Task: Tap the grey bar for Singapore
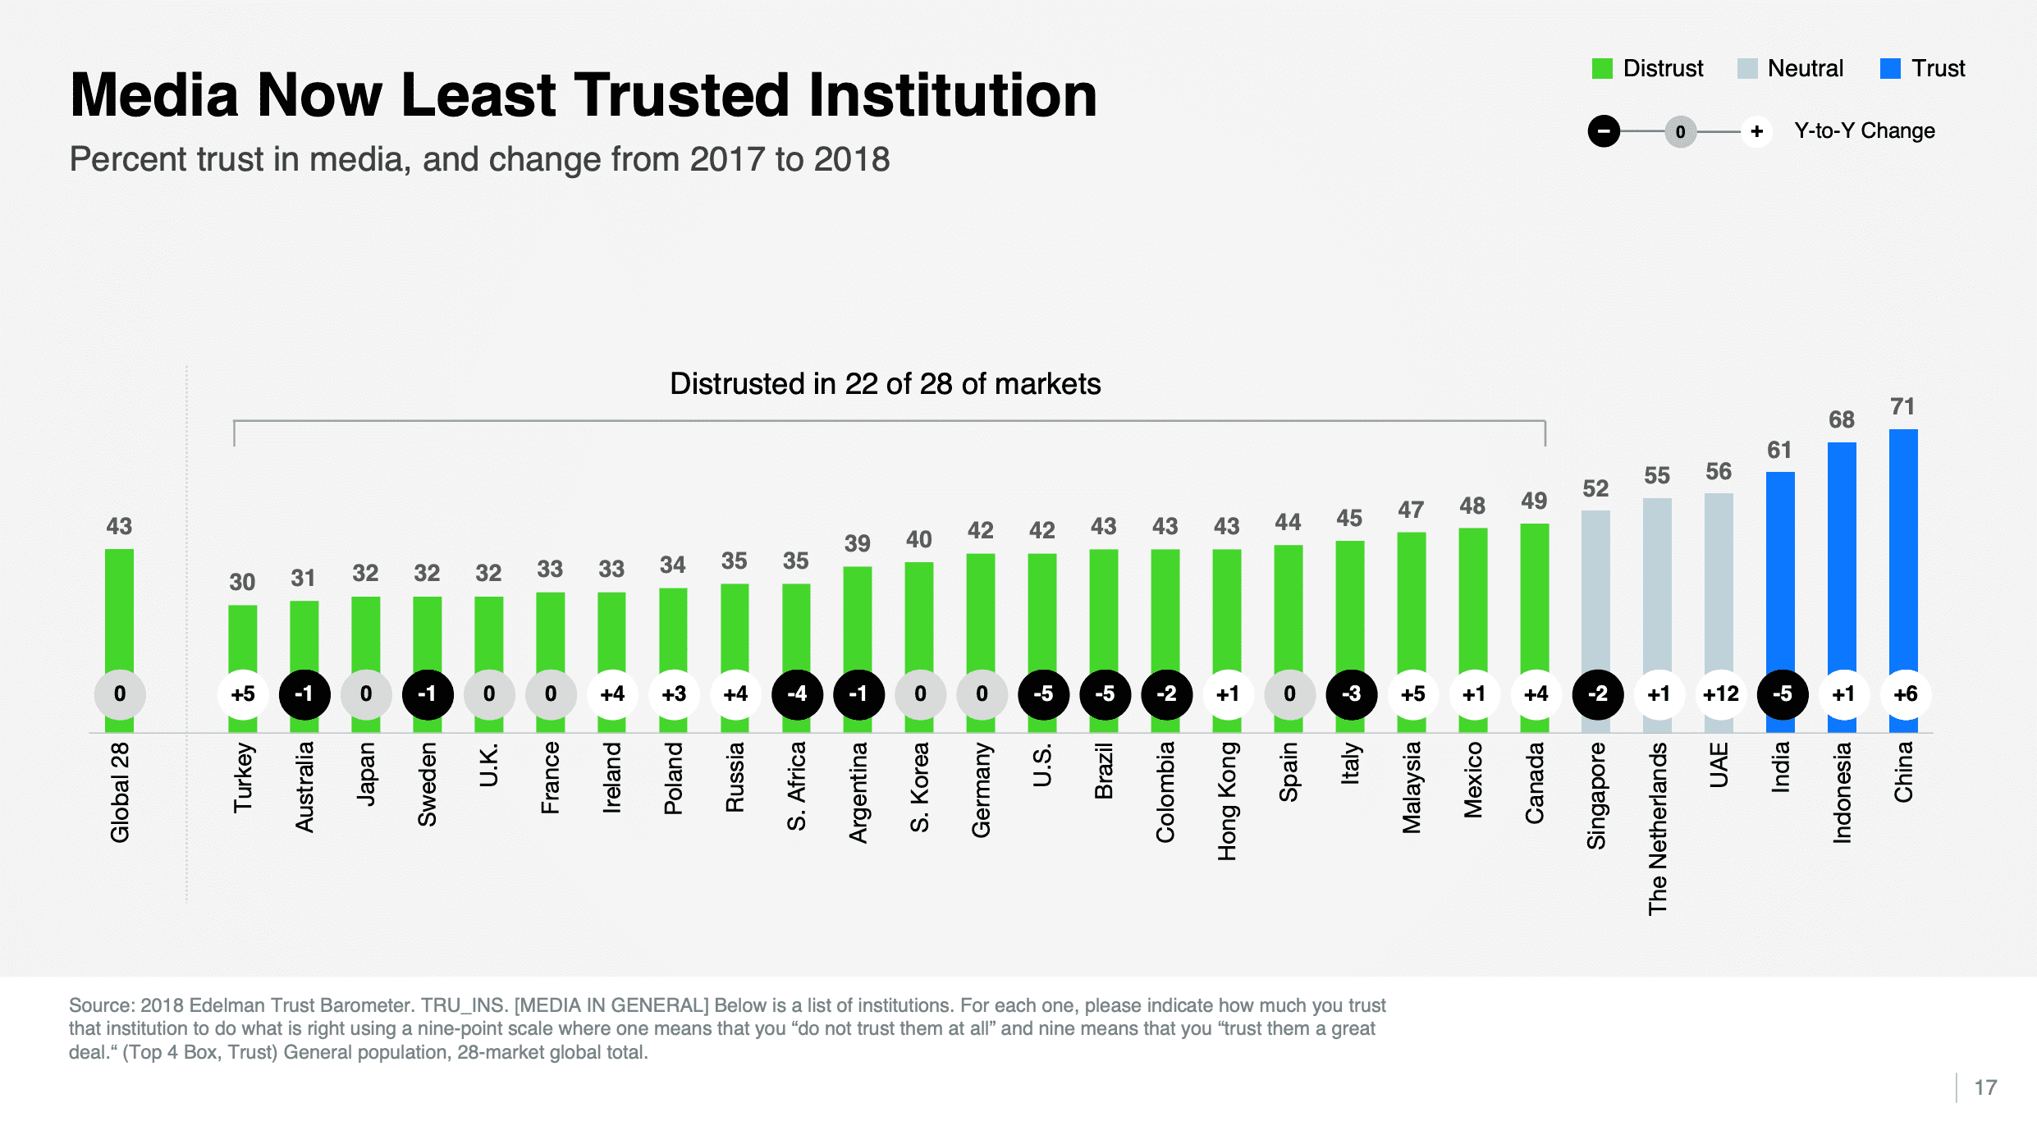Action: pos(1595,591)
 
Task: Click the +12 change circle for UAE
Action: pos(1720,694)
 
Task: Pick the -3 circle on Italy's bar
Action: pos(1351,694)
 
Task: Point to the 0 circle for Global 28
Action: pos(120,694)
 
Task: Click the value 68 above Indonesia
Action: pos(1841,420)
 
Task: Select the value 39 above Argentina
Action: pos(857,543)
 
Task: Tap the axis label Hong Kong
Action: pos(1227,801)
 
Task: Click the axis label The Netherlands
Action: pos(1658,828)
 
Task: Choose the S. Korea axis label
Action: pos(919,787)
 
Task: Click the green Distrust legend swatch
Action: pos(1602,69)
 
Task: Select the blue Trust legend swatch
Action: pos(1890,69)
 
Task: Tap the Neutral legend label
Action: pos(1805,69)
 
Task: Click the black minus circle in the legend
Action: pos(1604,131)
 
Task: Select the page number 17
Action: pos(1985,1087)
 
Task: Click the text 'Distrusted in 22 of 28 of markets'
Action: pos(885,384)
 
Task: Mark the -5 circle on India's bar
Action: pos(1782,694)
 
